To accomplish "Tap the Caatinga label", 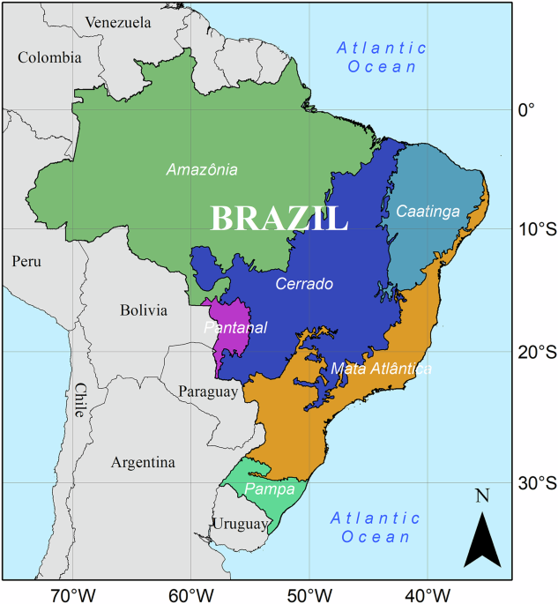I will (x=428, y=212).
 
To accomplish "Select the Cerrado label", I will (x=303, y=285).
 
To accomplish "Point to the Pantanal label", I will (x=234, y=328).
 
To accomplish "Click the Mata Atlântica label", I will (x=381, y=369).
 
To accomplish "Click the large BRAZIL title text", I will (x=278, y=219).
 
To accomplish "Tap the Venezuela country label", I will (x=119, y=22).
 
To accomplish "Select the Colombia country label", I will (x=49, y=57).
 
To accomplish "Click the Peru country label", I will (x=27, y=261).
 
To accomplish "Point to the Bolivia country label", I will (x=143, y=310).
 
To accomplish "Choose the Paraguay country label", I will (x=208, y=391).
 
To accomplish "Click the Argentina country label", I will (x=143, y=462).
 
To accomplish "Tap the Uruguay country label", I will (x=239, y=525).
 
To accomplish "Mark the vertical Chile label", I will (x=80, y=400).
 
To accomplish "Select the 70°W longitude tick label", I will (x=71, y=593).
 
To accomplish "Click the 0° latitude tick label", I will (x=526, y=110).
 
